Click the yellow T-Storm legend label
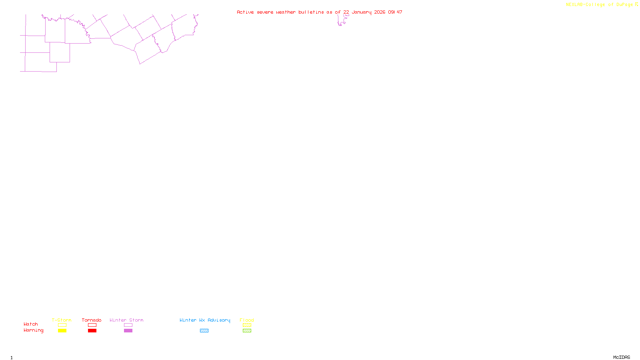(x=62, y=320)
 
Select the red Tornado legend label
(x=92, y=320)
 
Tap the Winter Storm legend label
(x=126, y=320)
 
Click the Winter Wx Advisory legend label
(x=205, y=320)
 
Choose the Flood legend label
(x=247, y=320)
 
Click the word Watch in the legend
(x=31, y=324)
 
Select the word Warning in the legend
(x=33, y=330)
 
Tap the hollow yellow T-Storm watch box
(x=62, y=325)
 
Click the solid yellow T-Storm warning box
(x=62, y=331)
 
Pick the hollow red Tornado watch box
(x=92, y=325)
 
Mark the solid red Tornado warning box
(x=92, y=331)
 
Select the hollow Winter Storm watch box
(x=128, y=325)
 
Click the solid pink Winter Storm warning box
(x=128, y=331)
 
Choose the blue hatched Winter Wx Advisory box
(x=204, y=331)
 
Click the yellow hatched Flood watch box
(x=247, y=325)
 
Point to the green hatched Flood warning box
(x=247, y=331)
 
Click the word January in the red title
(x=362, y=12)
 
